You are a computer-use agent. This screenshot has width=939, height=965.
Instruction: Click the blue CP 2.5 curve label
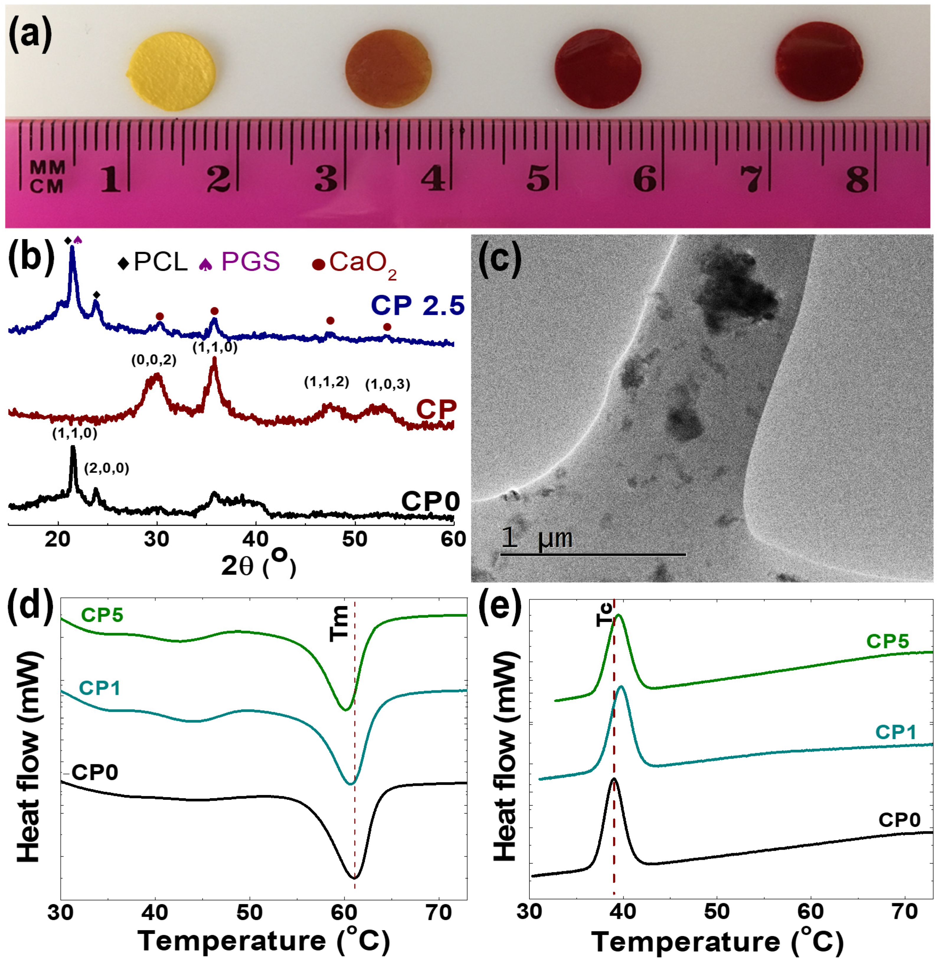[418, 305]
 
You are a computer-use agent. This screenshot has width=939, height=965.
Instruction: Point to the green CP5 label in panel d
[102, 615]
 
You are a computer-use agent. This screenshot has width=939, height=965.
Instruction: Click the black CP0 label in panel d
[95, 772]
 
